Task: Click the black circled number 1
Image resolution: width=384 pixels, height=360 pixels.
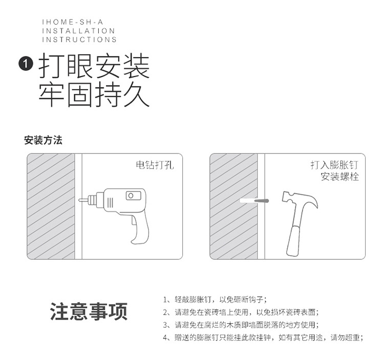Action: pos(26,64)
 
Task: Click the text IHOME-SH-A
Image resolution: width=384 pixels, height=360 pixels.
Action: pos(73,22)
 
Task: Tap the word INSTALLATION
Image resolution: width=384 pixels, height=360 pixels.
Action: pos(78,31)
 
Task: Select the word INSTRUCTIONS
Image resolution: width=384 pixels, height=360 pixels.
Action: pos(79,39)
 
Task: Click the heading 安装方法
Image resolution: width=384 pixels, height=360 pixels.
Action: pos(43,140)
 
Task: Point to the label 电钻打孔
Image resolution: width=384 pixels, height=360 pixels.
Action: pos(155,165)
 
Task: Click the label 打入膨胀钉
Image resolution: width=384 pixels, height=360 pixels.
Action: pos(334,165)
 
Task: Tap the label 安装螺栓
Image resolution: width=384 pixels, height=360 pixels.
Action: pos(339,176)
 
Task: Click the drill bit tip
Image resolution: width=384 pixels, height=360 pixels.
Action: pos(79,200)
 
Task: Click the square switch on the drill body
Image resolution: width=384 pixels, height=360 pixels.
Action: pos(133,196)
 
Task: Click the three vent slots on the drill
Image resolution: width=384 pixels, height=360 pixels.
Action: pos(110,202)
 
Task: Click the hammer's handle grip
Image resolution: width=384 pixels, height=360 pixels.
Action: pos(294,241)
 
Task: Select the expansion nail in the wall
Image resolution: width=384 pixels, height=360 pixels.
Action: pos(262,201)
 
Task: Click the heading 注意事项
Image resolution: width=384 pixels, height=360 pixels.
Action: pos(89,311)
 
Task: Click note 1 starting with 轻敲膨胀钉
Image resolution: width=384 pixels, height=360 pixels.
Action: pos(215,299)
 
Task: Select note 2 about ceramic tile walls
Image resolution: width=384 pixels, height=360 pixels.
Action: pos(241,312)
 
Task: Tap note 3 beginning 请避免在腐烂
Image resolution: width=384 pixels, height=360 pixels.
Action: pos(241,325)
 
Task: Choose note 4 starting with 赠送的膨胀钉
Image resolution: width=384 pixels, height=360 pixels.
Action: pos(263,337)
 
